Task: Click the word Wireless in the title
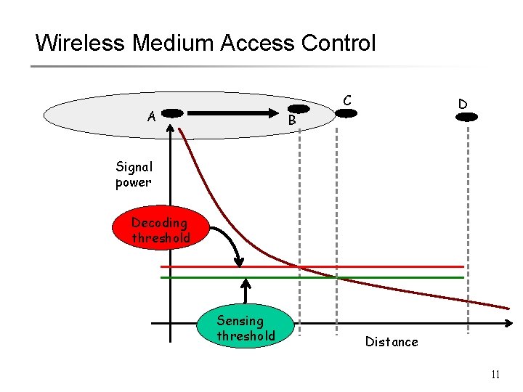(81, 43)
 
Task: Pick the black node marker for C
(346, 113)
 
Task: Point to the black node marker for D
(466, 115)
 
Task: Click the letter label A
(151, 116)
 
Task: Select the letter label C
(348, 99)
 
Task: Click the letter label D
(462, 104)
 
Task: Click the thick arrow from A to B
(232, 113)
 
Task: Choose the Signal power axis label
(134, 174)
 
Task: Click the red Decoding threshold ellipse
(161, 230)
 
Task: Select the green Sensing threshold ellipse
(246, 328)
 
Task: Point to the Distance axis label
(392, 342)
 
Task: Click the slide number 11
(495, 375)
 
